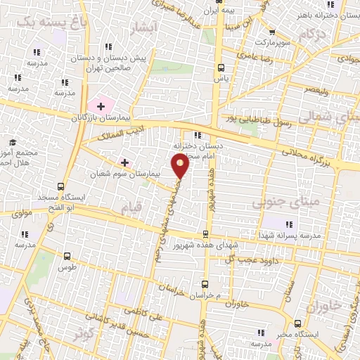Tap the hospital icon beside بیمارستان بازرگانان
[102, 107]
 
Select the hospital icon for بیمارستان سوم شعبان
[125, 162]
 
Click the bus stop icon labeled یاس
[221, 68]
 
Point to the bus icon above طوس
[67, 257]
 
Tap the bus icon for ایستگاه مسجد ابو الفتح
[60, 187]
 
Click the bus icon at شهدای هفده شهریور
[205, 235]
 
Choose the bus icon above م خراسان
[205, 284]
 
